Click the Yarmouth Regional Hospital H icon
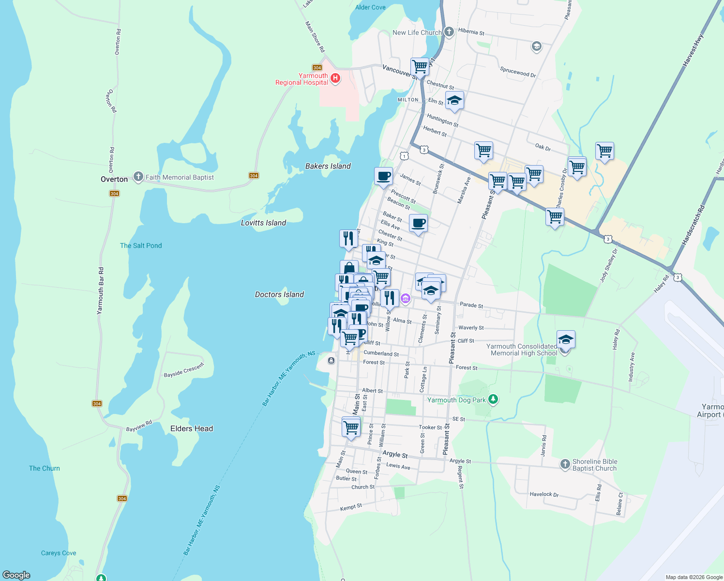335,78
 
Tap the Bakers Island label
328,166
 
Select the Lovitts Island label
263,223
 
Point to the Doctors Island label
279,294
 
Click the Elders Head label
192,428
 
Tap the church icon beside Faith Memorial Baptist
138,177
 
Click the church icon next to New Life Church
449,32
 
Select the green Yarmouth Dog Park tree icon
493,399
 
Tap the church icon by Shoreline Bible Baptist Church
565,464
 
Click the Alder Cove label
370,7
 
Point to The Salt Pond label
141,245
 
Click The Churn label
45,468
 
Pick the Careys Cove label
59,553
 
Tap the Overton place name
114,179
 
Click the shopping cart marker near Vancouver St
420,66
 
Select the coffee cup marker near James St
383,176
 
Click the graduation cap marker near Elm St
454,101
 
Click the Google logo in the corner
16,575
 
